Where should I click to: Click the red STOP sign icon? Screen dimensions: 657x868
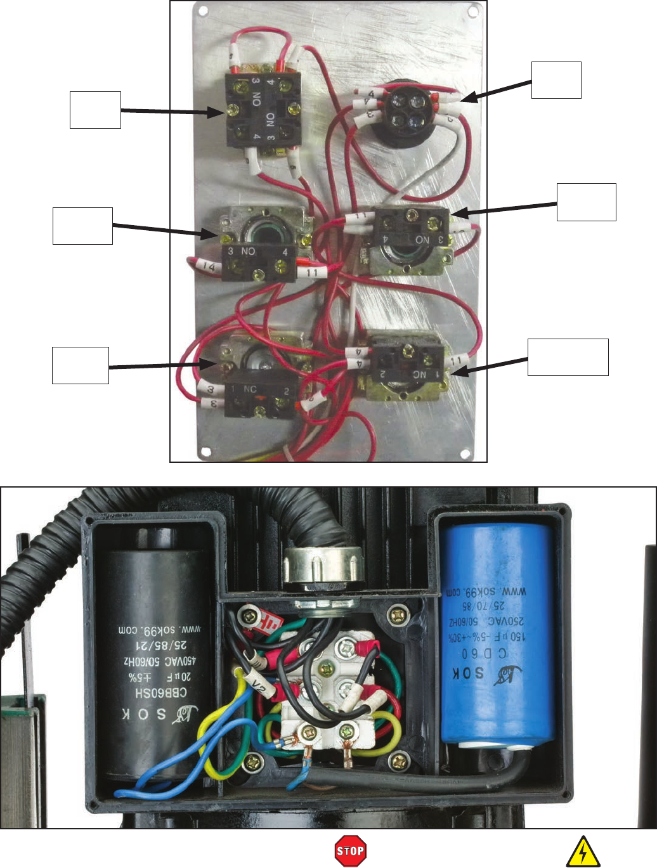coord(351,851)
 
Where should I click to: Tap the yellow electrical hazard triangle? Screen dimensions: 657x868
coord(583,852)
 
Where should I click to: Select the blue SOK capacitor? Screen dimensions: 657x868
coord(497,634)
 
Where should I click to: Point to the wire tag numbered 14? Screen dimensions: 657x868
coord(209,266)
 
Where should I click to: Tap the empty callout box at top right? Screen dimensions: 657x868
coord(556,80)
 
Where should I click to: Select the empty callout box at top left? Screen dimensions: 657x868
coord(95,110)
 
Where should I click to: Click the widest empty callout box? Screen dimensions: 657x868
coord(568,357)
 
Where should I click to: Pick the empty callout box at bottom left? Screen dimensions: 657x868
coord(80,365)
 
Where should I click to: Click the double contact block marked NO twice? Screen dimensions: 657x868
coord(263,109)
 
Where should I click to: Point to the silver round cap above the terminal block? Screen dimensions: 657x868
coord(323,568)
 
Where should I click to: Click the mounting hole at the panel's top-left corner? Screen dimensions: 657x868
coord(203,11)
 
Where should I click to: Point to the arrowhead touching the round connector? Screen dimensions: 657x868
coord(467,99)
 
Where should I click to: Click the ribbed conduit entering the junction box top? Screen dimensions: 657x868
coord(317,520)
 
